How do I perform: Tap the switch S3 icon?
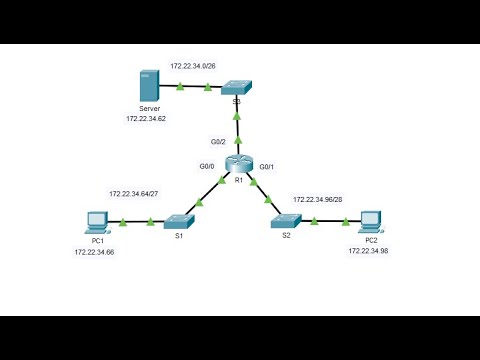(x=237, y=88)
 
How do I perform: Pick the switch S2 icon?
(x=286, y=222)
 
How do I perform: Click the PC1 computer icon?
(x=97, y=221)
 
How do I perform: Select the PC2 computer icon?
(x=371, y=221)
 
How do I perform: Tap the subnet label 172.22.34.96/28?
(x=322, y=199)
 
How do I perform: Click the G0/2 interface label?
(x=218, y=142)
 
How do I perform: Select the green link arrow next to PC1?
(x=122, y=221)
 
